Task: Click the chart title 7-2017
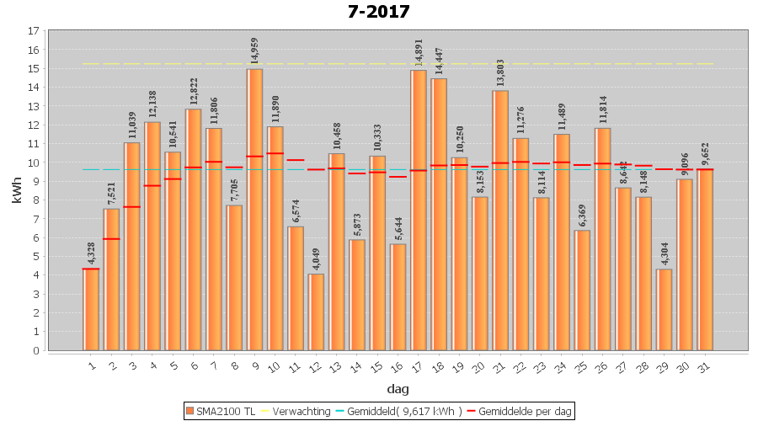click(x=378, y=12)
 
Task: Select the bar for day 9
click(x=254, y=210)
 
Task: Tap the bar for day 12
click(x=316, y=312)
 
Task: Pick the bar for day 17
click(x=419, y=210)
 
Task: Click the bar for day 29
click(x=665, y=309)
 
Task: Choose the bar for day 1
click(x=91, y=309)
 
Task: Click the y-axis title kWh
click(x=17, y=190)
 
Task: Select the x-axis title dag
click(x=398, y=388)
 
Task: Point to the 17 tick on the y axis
click(x=33, y=31)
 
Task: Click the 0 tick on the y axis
click(x=35, y=350)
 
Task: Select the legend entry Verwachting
click(x=297, y=411)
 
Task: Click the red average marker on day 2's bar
click(x=111, y=239)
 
